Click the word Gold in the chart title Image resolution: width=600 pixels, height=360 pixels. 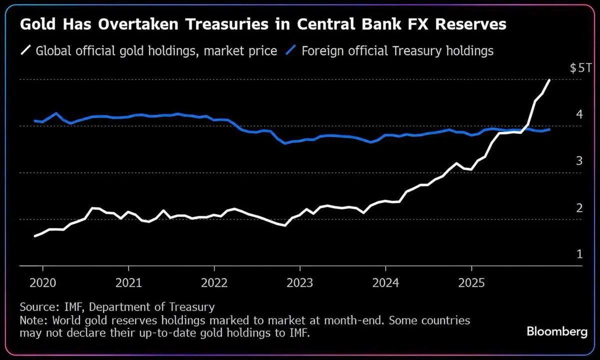click(37, 24)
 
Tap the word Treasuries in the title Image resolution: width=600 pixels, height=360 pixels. click(227, 24)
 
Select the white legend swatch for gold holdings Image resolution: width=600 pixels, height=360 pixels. click(25, 50)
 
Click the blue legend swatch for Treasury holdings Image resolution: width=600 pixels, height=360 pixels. click(291, 50)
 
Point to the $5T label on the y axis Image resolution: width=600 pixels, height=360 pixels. click(580, 68)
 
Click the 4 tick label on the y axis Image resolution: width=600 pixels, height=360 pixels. click(579, 114)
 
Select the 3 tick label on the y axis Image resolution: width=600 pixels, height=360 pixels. click(579, 161)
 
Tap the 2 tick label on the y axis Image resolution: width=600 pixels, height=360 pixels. click(579, 208)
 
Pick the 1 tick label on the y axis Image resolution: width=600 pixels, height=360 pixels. click(579, 254)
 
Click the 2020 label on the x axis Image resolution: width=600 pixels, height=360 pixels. click(43, 283)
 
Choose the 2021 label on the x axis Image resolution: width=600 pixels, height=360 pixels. click(128, 283)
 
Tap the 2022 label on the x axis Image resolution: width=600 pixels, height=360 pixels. click(214, 283)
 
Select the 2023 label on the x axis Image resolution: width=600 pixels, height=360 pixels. click(300, 283)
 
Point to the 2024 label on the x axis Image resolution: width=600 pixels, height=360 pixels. click(385, 283)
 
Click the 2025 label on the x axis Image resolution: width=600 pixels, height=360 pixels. click(471, 283)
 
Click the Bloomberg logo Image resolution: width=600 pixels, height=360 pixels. click(557, 332)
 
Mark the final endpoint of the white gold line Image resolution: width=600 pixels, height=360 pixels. click(549, 80)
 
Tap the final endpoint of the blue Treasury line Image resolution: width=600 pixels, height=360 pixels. click(549, 129)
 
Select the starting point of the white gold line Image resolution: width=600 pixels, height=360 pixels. click(35, 236)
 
